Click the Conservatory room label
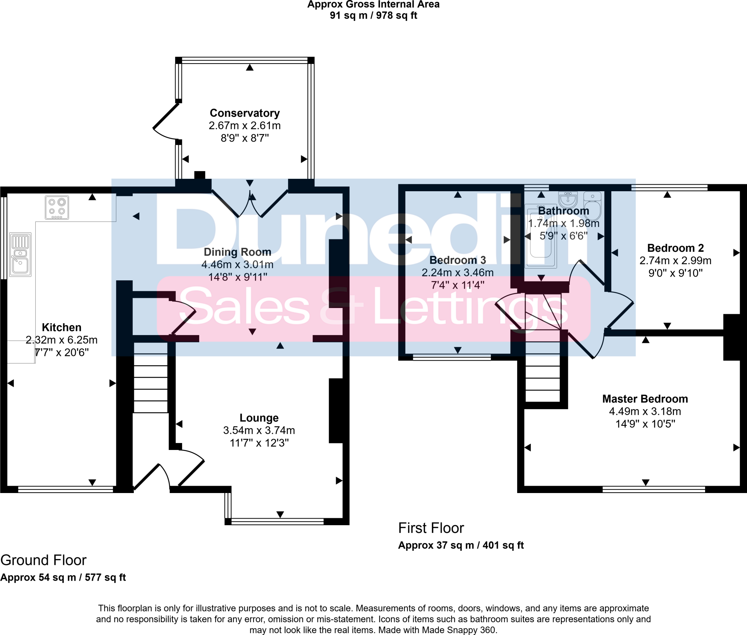coord(245,113)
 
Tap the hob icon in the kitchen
coord(57,207)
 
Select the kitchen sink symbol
coord(20,254)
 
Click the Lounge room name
coord(259,418)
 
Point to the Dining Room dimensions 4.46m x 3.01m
coord(237,265)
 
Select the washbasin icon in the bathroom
coord(568,199)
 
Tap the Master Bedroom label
coord(645,399)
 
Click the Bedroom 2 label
coord(675,248)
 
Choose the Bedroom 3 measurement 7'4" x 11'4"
coord(458,285)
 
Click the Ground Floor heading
coord(43,560)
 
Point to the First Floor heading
coord(431,528)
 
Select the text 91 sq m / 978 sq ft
coord(373,15)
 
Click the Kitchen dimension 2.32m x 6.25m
coord(62,340)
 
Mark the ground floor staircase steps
coord(151,383)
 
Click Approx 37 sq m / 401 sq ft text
coord(461,545)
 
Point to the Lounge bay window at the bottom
coord(277,521)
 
